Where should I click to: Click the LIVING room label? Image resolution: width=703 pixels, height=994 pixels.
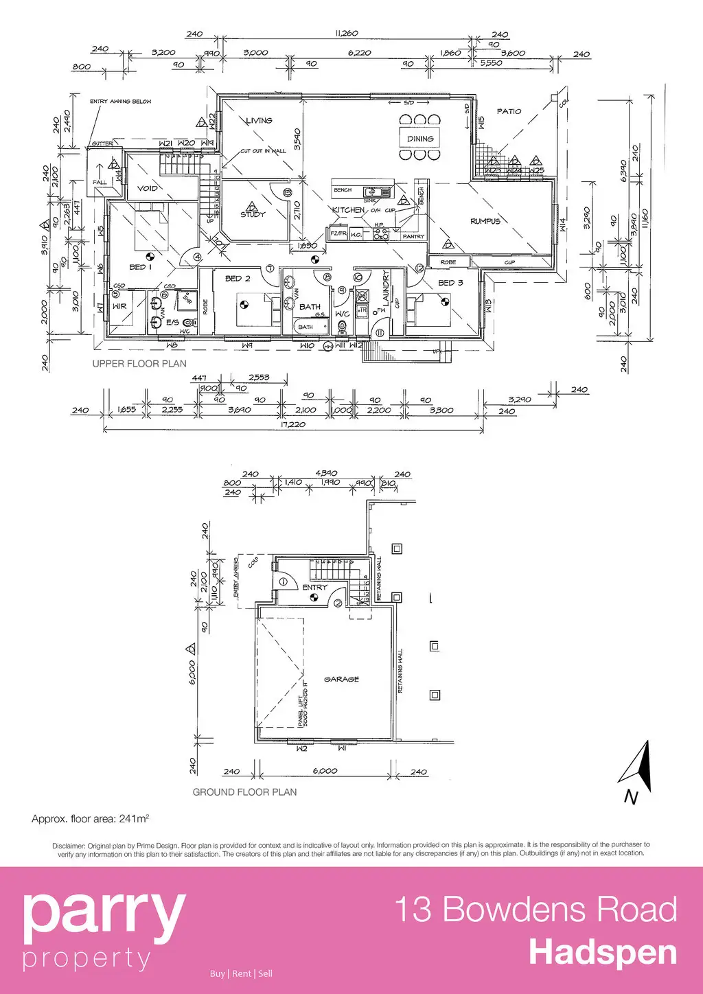coord(259,121)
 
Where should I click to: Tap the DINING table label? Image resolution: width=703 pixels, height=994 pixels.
coord(420,139)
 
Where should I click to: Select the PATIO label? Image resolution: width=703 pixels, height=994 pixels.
coord(509,111)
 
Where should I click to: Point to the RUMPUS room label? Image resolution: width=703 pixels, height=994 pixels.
coord(485,222)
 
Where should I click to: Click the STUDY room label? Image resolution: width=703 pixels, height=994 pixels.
coord(253,214)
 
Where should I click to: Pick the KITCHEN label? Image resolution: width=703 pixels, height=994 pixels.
coord(348,210)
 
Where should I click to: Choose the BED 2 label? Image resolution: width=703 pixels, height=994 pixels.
coord(238,279)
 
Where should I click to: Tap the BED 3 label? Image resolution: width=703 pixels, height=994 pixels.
coord(450,283)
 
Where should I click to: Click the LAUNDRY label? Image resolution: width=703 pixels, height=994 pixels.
coord(387,288)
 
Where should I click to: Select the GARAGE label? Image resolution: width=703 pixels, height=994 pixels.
coord(341,679)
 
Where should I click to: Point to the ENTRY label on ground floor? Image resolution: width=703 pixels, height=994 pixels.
coord(315,588)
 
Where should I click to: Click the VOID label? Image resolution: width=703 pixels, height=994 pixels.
coord(148,188)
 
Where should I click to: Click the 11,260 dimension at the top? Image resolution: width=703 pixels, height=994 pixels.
coord(347,34)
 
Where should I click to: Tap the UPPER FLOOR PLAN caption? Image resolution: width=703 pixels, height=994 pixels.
coord(139,364)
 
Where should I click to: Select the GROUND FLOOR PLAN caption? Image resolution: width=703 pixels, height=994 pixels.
coord(244,792)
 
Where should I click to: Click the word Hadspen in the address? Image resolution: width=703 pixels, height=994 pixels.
coord(603,953)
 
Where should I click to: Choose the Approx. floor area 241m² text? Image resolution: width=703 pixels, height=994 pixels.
coord(90,819)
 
